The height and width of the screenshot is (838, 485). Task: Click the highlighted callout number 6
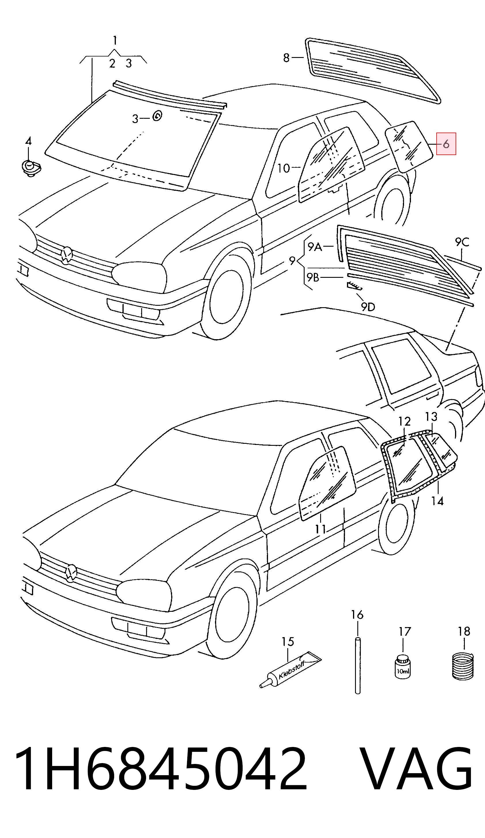446,144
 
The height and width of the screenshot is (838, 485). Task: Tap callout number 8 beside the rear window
286,58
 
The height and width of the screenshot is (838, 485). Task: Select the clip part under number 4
31,168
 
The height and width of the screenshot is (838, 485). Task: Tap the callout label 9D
368,307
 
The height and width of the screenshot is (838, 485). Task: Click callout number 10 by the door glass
283,168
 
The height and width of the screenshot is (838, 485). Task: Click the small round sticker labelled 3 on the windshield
157,116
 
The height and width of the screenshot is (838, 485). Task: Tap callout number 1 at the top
115,41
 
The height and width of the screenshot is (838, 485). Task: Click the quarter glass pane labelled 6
409,147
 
